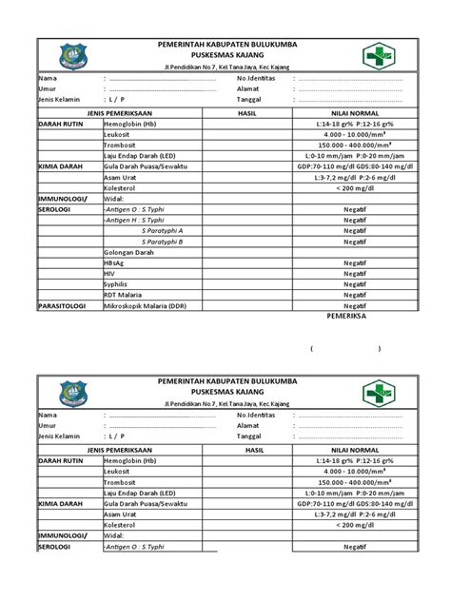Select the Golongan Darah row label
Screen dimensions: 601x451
[x=129, y=251]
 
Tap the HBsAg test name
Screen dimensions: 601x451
[x=115, y=262]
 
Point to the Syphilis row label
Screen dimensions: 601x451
[x=116, y=283]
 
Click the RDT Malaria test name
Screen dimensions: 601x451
[x=124, y=294]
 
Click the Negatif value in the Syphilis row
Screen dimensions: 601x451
[x=356, y=283]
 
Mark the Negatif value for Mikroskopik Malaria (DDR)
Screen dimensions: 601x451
[x=356, y=305]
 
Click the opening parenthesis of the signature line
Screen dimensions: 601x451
[x=311, y=349]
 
